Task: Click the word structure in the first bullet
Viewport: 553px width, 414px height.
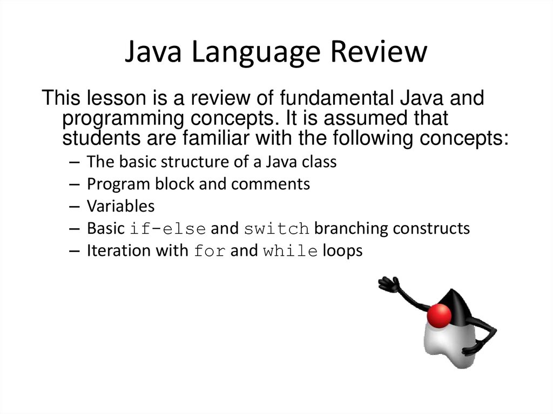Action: (192, 162)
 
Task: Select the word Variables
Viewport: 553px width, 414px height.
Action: (120, 206)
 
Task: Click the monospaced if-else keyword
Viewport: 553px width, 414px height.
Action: (168, 229)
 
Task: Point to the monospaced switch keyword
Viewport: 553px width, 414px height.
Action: (276, 229)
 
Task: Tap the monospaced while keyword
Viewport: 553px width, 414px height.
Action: (290, 252)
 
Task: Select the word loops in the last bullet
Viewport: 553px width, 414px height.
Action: (342, 251)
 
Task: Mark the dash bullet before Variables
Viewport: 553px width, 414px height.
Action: (75, 207)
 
